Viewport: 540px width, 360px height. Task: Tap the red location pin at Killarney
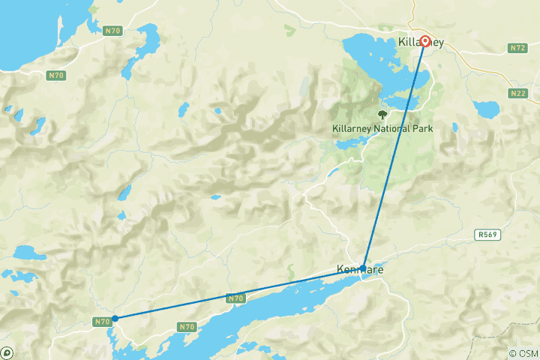pos(424,41)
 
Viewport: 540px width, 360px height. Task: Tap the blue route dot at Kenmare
pos(363,268)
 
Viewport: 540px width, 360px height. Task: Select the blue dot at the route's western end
pos(115,318)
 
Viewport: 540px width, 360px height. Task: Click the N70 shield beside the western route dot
pos(102,322)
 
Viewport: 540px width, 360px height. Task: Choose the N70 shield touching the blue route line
pos(235,298)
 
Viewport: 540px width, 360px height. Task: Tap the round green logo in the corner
pos(7,352)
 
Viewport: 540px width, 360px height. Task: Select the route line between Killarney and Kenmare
pos(394,154)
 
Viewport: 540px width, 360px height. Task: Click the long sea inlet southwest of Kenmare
pos(247,323)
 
